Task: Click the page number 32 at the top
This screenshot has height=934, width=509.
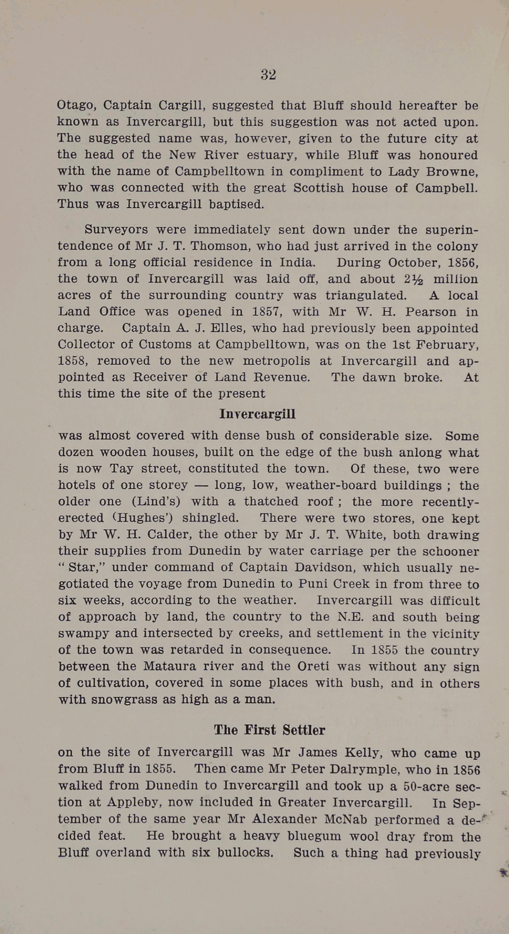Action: (x=268, y=75)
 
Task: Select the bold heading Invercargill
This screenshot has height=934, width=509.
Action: (x=257, y=414)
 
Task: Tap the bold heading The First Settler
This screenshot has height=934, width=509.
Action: (x=270, y=730)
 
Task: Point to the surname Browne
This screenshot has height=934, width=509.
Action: (x=452, y=171)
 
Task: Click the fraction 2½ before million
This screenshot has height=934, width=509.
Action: (x=416, y=279)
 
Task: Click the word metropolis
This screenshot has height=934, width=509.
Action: (x=276, y=361)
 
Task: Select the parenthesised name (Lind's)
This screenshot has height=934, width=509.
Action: (x=156, y=502)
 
